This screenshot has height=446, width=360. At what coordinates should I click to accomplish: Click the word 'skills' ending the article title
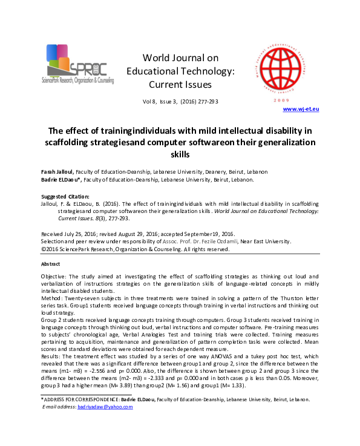(x=179, y=155)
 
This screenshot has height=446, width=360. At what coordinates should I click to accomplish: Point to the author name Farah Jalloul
(x=56, y=172)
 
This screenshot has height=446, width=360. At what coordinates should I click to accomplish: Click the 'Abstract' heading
(x=50, y=264)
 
